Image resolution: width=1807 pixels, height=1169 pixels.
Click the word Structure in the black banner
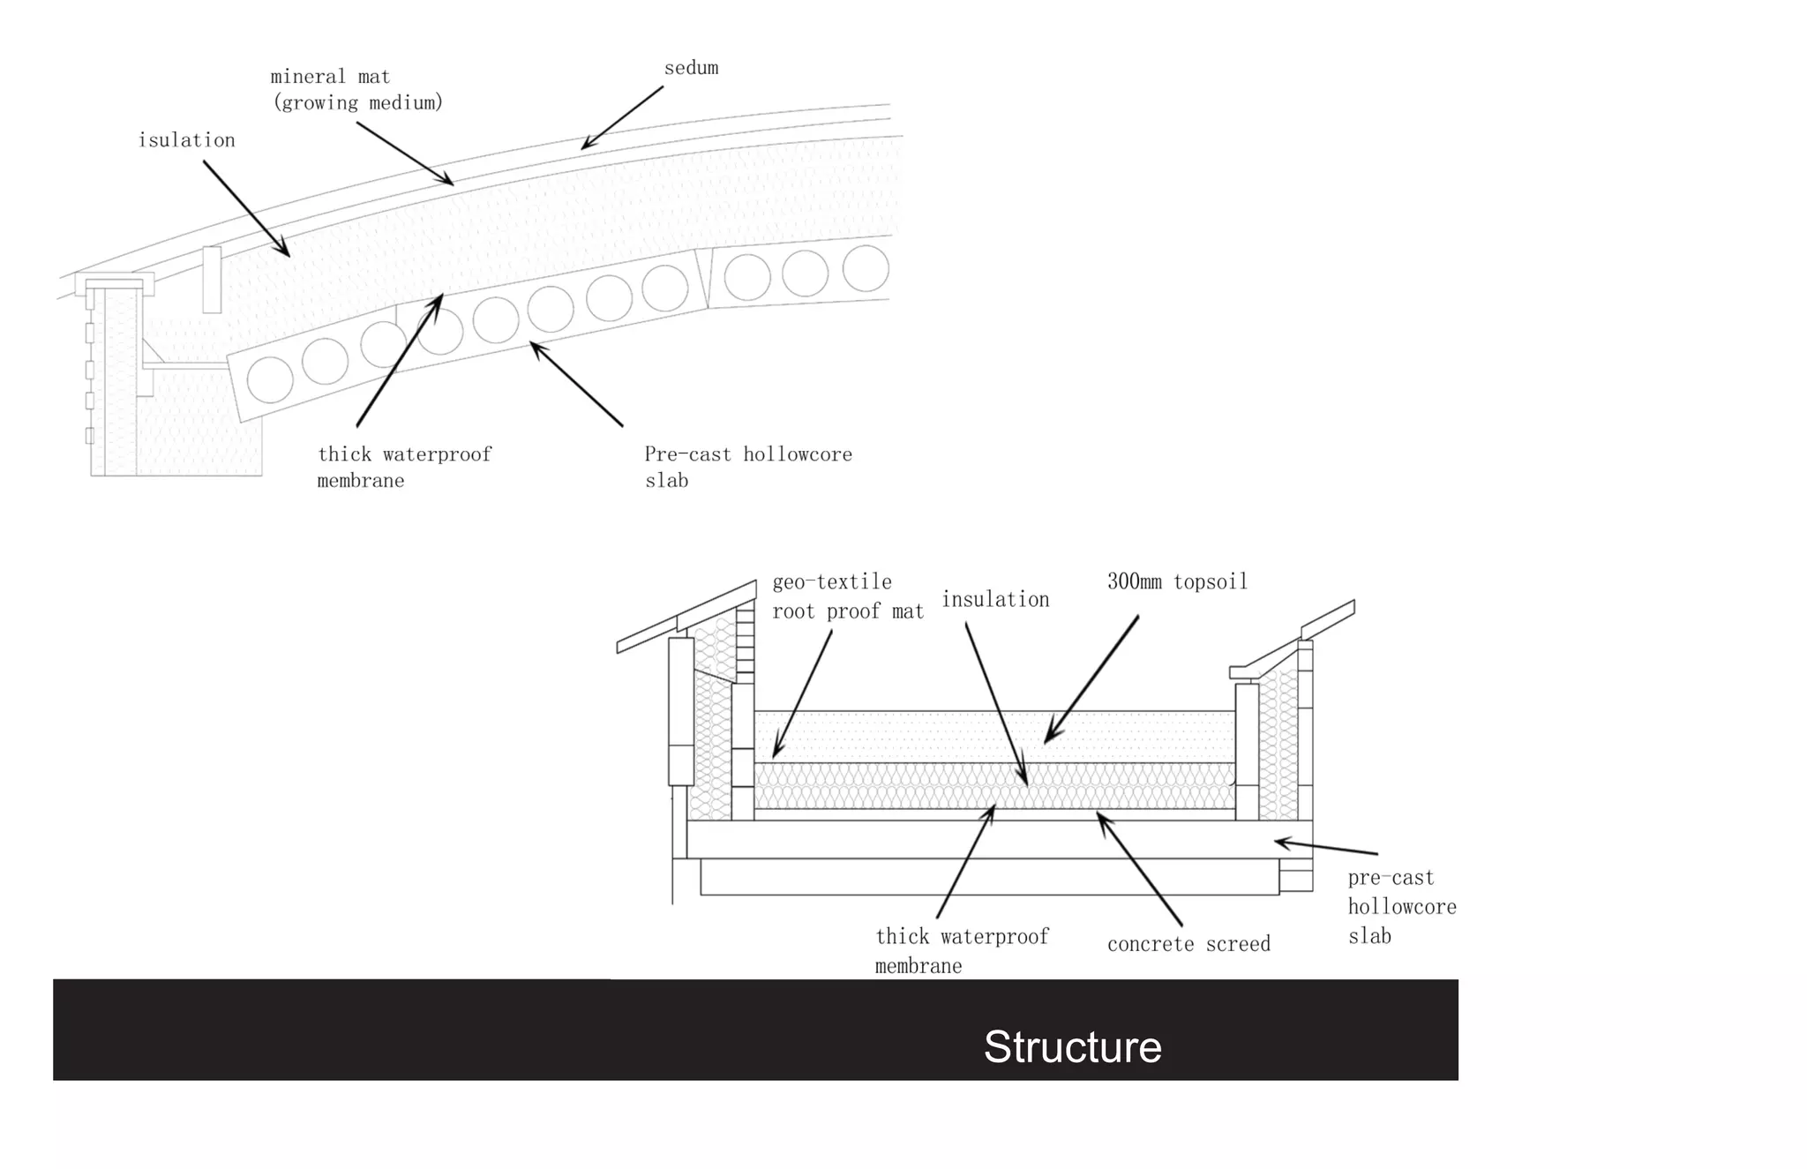1072,1047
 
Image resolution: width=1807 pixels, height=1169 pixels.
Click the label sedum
691,68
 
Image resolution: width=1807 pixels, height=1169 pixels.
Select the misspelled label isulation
186,140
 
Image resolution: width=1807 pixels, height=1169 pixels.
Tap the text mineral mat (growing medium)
356,90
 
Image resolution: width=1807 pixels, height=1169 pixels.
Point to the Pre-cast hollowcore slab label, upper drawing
747,467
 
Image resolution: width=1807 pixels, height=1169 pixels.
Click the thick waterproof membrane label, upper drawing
404,467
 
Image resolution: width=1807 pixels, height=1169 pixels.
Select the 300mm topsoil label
1177,582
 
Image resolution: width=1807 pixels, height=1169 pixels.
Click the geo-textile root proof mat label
847,596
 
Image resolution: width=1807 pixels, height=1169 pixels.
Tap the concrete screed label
1188,945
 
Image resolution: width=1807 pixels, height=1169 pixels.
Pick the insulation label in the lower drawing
995,600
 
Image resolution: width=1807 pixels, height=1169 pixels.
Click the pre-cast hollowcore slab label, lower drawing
1401,906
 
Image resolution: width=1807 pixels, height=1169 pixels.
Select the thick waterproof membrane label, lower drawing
961,950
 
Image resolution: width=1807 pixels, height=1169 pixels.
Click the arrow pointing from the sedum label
622,117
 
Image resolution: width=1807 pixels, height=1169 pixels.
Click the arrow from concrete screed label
1139,869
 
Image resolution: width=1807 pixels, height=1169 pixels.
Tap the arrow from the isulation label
246,209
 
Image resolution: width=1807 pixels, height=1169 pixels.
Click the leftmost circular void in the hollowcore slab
270,379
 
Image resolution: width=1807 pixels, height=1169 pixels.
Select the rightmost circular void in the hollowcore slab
866,268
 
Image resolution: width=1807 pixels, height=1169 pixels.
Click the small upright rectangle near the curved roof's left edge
212,280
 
